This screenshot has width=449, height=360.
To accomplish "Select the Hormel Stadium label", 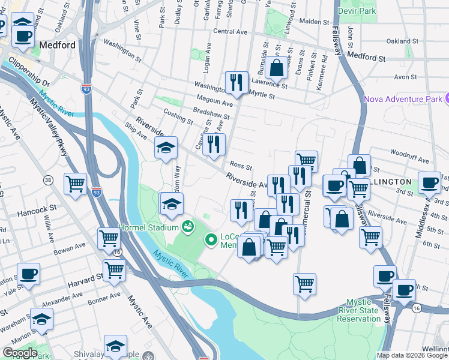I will coord(149,227).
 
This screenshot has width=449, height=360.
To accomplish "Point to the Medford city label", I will coord(57,45).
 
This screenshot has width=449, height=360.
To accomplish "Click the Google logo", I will coord(19,353).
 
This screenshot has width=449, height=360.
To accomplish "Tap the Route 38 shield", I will coord(47,179).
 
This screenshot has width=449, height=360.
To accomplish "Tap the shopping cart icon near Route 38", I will coord(76,183).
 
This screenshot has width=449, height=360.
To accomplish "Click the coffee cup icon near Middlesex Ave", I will coord(429,181).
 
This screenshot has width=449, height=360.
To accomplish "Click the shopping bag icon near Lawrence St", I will coord(277,67).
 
